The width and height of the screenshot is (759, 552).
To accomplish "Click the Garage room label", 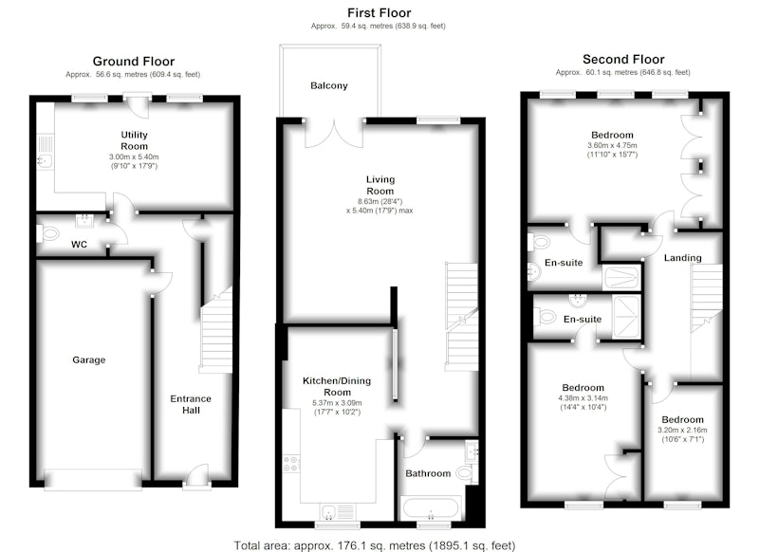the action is (x=88, y=359).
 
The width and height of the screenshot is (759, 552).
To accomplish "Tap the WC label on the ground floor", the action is (x=79, y=245).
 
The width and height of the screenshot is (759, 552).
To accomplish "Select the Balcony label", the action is (x=328, y=85).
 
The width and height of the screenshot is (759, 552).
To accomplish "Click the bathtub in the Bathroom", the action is (x=431, y=508).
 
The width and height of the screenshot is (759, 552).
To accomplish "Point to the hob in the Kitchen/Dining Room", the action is (x=291, y=464).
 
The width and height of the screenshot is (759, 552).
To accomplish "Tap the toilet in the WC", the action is (x=48, y=234).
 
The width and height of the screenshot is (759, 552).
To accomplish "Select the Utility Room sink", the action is (x=44, y=160).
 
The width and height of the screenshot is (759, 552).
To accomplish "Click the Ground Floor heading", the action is (x=134, y=62).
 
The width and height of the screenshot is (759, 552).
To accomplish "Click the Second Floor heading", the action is (x=623, y=60).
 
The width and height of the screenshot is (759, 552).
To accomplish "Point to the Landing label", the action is (x=682, y=258).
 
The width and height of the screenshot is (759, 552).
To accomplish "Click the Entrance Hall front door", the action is (x=196, y=476).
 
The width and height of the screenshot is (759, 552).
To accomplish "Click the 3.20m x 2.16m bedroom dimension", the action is (x=682, y=430).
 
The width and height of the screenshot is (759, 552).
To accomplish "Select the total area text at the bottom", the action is (x=375, y=545).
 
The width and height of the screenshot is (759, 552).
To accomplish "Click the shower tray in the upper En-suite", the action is (x=621, y=277).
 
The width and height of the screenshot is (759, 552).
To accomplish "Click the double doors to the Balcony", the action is (x=334, y=133).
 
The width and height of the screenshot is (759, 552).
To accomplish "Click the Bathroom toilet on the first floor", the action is (x=466, y=472).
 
